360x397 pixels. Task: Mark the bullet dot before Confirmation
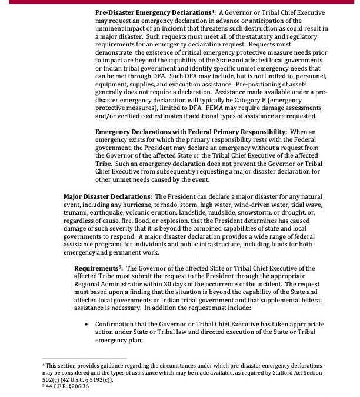click(x=87, y=324)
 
